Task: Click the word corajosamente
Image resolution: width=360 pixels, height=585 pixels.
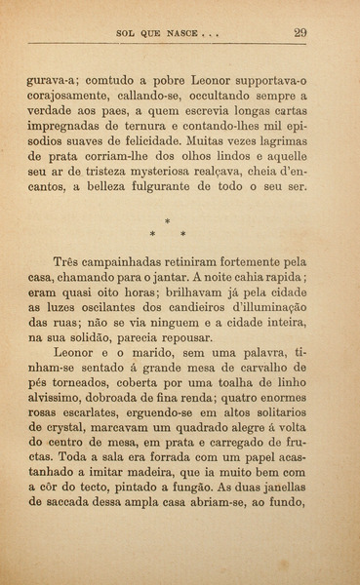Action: click(72, 97)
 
